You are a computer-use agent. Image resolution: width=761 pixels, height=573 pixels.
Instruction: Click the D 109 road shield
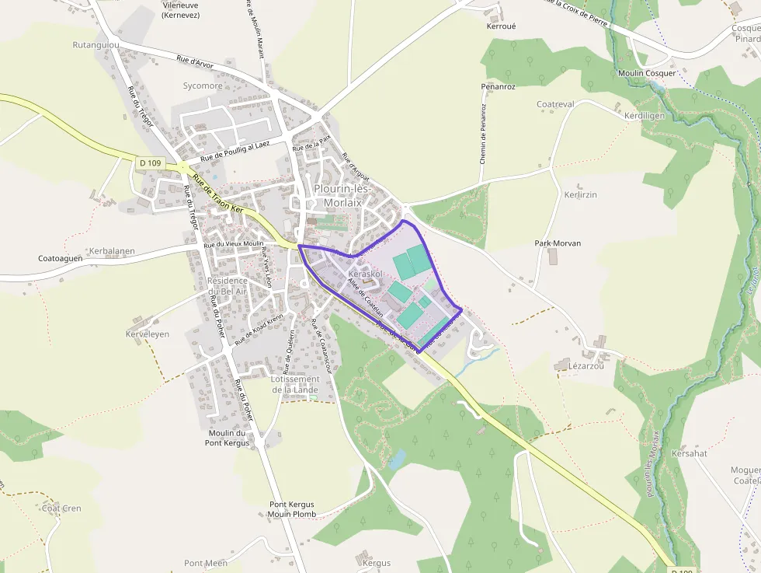click(x=151, y=162)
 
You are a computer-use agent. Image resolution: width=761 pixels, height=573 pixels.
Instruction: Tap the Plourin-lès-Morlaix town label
click(x=343, y=195)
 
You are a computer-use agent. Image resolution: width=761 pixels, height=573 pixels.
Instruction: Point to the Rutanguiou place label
click(x=96, y=45)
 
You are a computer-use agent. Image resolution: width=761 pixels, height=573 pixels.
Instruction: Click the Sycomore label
click(x=203, y=86)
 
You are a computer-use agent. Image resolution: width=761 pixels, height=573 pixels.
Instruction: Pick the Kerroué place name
click(x=501, y=26)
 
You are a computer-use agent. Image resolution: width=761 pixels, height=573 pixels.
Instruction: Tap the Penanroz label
click(x=498, y=86)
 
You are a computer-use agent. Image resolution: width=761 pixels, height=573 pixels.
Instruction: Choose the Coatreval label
click(x=555, y=104)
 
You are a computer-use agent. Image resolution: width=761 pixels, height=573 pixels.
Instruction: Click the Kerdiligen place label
click(x=645, y=115)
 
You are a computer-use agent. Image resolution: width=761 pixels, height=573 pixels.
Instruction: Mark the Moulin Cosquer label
click(x=647, y=73)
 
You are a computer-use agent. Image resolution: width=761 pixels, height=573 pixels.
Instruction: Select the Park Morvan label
click(x=558, y=243)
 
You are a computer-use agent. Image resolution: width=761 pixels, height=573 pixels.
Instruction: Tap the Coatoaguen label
click(x=61, y=259)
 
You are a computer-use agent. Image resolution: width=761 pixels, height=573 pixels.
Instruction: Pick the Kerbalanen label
click(x=112, y=251)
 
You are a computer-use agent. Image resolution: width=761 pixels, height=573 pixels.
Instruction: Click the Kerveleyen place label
click(x=148, y=334)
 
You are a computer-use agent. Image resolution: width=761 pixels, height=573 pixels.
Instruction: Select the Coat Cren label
click(x=61, y=508)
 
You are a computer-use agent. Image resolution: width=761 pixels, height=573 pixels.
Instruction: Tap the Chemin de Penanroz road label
click(x=483, y=133)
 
